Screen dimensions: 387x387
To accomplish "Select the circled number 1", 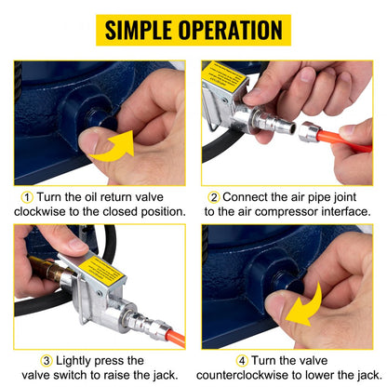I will tap(28, 198).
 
